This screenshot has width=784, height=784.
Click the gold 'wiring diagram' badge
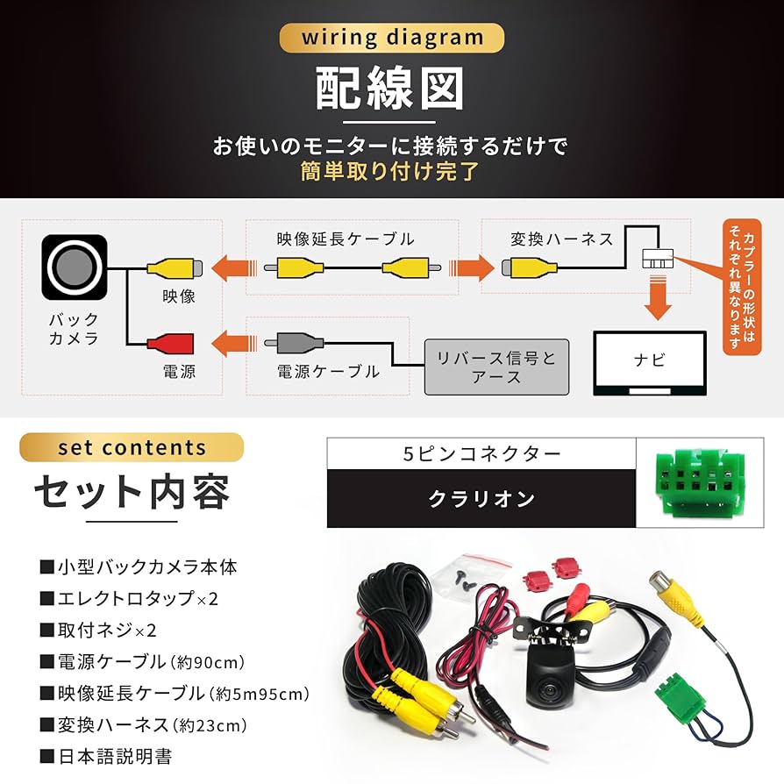[392, 38]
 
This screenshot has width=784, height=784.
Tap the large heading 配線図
[390, 89]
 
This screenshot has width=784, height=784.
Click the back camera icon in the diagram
[74, 263]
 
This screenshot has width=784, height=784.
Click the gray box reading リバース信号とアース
[496, 367]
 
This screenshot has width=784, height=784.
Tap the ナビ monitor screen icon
[649, 360]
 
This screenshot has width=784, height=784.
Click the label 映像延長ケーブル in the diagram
[346, 239]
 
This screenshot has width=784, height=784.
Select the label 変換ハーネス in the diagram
[562, 239]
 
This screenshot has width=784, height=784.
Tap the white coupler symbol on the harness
[657, 259]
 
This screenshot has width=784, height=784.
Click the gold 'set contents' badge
[132, 447]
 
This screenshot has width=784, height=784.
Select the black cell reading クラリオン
[481, 499]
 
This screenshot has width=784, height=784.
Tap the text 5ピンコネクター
[481, 453]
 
